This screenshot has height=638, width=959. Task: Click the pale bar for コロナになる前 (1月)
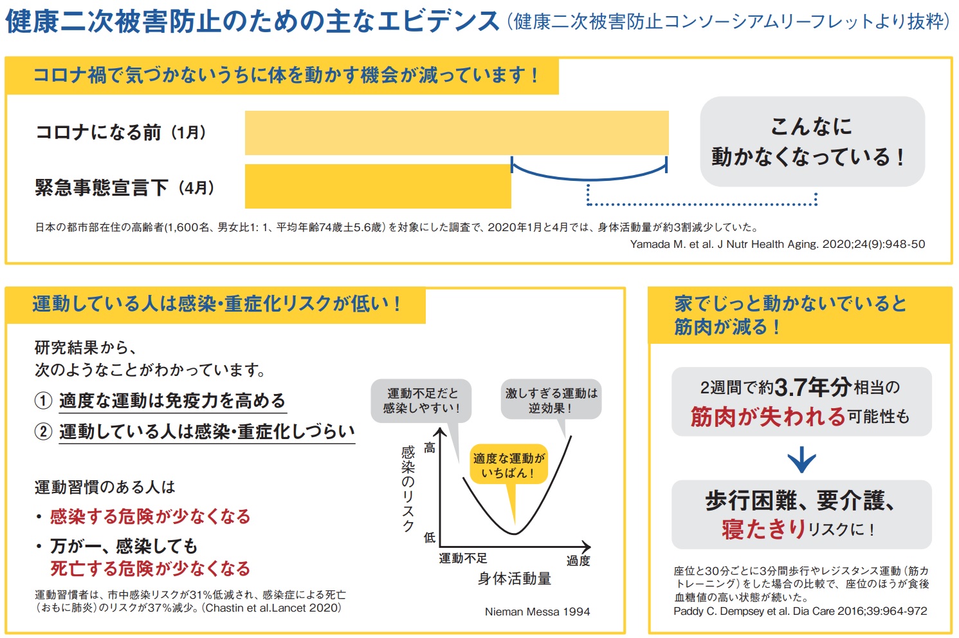(x=457, y=133)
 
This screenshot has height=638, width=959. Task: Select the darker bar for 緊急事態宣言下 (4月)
(x=378, y=187)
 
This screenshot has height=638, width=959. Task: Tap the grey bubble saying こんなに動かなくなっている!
(x=812, y=142)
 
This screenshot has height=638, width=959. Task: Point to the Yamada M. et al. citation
(x=777, y=244)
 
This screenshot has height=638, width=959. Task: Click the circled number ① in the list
(x=43, y=400)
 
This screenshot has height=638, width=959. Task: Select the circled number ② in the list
(x=43, y=431)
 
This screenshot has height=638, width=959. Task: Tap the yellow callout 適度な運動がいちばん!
(x=508, y=465)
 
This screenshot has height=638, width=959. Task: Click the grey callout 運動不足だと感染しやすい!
(x=421, y=400)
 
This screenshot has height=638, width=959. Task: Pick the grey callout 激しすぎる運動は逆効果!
(x=551, y=400)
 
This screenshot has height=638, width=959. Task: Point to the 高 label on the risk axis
(x=429, y=448)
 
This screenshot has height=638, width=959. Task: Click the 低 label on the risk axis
(x=429, y=537)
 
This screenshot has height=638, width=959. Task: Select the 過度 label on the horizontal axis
(x=578, y=561)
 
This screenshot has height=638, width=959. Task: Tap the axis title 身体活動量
(x=515, y=579)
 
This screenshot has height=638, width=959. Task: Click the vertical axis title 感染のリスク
(x=408, y=489)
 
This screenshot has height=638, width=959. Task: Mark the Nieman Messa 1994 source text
(x=537, y=612)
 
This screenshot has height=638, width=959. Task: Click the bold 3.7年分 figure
(x=813, y=387)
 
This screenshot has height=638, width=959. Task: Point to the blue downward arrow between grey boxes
(x=801, y=460)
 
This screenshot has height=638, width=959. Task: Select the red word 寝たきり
(x=763, y=529)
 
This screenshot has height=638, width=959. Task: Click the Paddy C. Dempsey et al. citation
(x=800, y=611)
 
